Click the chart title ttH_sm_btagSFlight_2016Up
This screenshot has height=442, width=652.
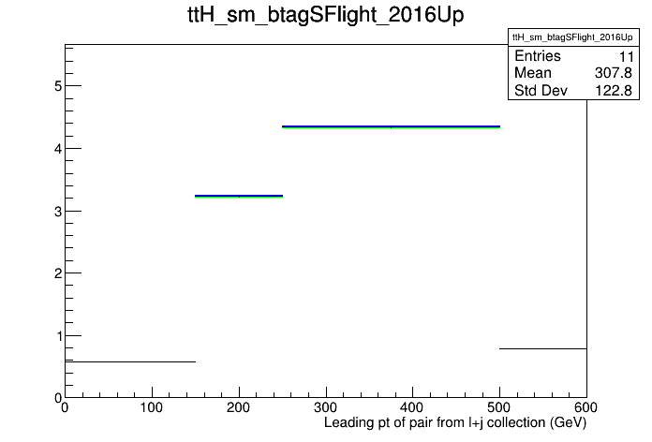[x=326, y=15]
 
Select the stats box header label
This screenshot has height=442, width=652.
[x=572, y=37]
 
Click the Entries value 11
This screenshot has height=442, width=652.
[x=626, y=56]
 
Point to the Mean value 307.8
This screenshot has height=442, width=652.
[x=614, y=73]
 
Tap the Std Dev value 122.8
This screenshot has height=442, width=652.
[x=614, y=90]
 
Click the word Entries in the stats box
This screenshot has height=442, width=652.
[x=538, y=56]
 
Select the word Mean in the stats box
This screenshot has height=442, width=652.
[x=533, y=73]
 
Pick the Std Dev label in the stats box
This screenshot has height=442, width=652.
[x=541, y=90]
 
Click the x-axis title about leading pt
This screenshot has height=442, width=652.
[x=455, y=423]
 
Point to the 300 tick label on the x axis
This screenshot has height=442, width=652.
[x=326, y=408]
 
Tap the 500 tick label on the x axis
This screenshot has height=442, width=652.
[x=499, y=408]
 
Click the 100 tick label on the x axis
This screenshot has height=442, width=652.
[x=152, y=408]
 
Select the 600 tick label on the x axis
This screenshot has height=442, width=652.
[x=585, y=408]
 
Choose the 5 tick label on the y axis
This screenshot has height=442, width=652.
[x=58, y=86]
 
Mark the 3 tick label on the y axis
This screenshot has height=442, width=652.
[x=58, y=212]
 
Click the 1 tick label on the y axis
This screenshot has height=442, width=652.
[x=59, y=336]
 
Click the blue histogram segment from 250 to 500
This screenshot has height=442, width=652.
[x=391, y=126]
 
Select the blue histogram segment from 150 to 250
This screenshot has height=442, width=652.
[x=239, y=196]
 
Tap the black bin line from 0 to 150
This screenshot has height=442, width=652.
[x=130, y=361]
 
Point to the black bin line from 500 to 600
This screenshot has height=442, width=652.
[x=543, y=348]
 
